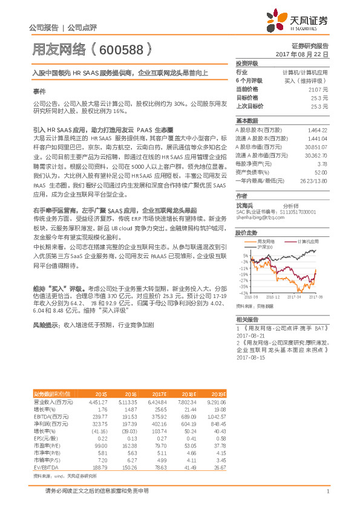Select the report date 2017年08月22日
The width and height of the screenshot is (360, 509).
point(303,54)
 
